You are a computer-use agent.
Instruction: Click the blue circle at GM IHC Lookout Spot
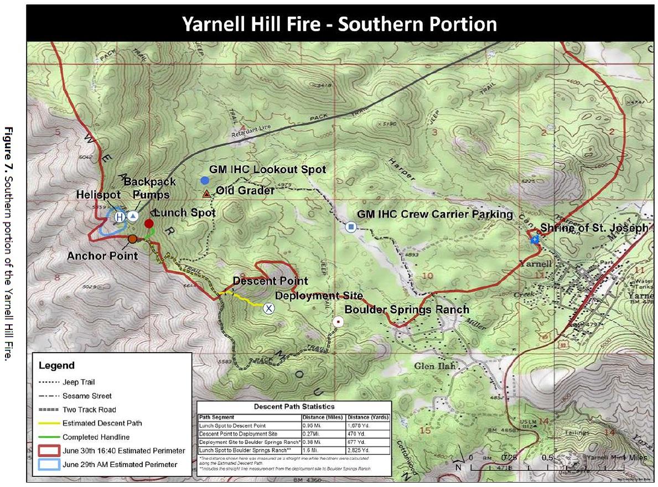click(205, 180)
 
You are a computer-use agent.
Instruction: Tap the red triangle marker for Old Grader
click(206, 193)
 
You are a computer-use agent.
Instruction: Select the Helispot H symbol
click(120, 217)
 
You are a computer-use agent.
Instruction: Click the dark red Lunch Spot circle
click(149, 224)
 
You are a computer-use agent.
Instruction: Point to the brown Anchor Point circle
click(132, 239)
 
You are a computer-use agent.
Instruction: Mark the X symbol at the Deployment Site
click(268, 308)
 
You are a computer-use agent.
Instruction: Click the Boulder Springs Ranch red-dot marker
click(338, 322)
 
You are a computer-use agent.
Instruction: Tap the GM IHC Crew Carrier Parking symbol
click(350, 227)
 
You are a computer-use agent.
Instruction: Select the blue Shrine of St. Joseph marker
click(535, 240)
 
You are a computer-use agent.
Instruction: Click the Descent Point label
click(270, 282)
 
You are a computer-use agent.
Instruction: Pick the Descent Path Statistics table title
click(294, 407)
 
